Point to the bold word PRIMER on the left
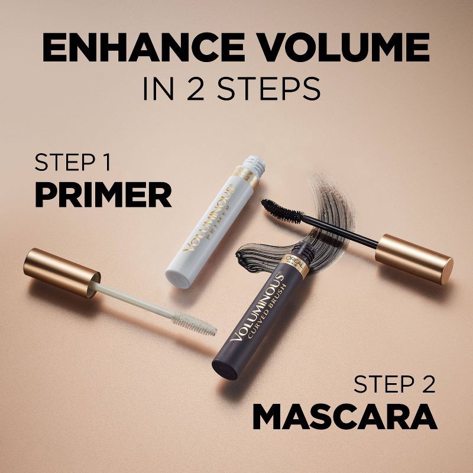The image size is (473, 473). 103,195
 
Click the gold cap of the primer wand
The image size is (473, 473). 62,269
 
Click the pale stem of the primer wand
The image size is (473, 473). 136,290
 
